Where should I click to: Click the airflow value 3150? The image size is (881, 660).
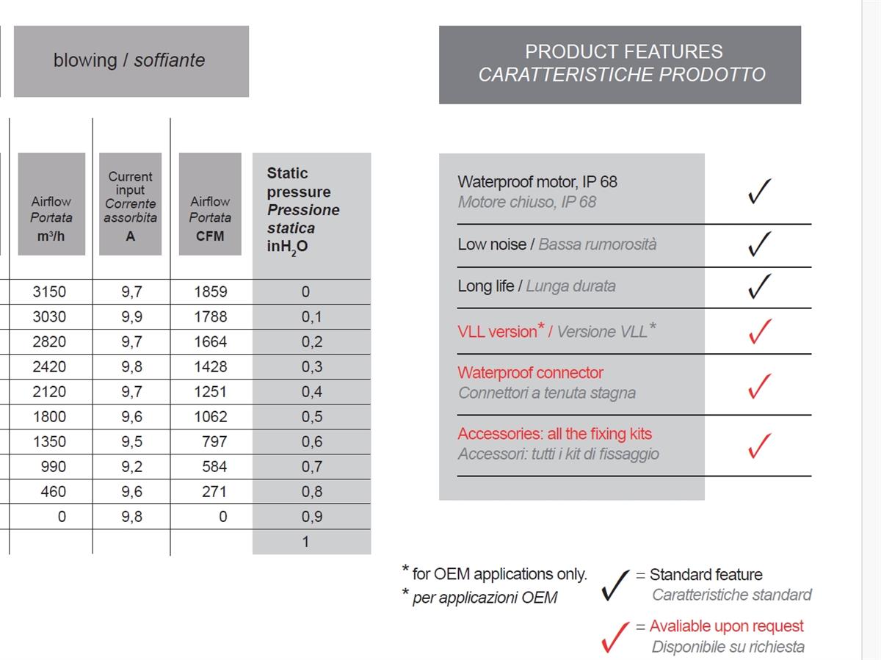tap(49, 291)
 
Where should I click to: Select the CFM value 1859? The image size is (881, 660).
tap(211, 291)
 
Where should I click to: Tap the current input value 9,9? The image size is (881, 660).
tap(131, 316)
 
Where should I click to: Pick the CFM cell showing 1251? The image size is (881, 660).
tap(211, 391)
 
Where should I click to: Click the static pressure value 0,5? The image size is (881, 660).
tap(311, 416)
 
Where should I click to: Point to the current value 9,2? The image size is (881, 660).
tap(131, 466)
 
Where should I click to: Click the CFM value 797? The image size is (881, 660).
tap(214, 441)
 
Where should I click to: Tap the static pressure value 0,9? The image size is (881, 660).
tap(311, 516)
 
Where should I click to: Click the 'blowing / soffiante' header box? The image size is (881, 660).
tap(131, 61)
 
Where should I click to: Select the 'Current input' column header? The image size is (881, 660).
tap(130, 204)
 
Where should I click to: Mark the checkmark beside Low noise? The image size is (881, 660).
tap(759, 244)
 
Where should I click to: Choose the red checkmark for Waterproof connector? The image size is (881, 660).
tap(759, 385)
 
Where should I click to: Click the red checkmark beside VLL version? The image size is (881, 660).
tap(759, 330)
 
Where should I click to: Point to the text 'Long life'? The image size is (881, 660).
tap(485, 286)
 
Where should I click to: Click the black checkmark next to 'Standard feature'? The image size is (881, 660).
tap(614, 584)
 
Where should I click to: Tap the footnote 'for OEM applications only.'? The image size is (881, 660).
tap(499, 574)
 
